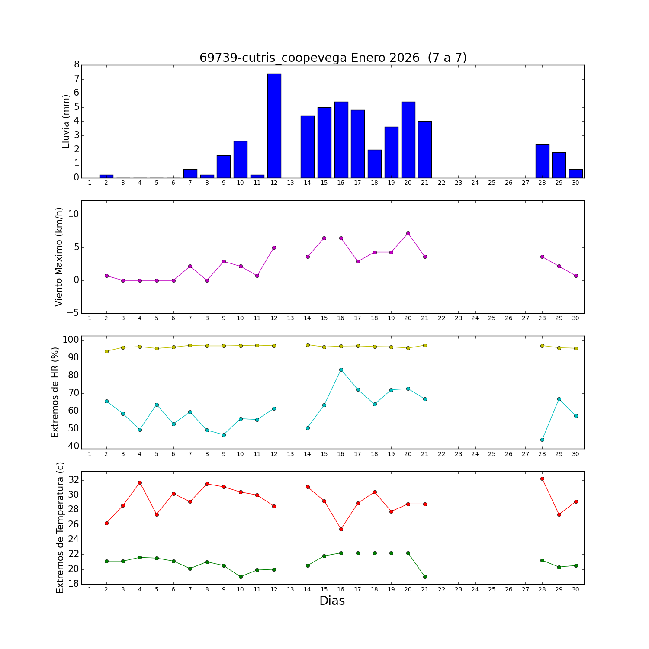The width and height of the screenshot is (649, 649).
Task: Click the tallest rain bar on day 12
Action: pos(274,125)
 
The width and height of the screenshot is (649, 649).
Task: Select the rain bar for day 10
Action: pos(241,159)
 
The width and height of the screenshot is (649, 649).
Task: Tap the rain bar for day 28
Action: pos(542,161)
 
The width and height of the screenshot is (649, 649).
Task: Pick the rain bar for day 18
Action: pos(375,164)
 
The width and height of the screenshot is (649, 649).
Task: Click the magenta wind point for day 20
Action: pos(408,234)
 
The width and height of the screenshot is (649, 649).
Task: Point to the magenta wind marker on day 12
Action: pos(274,247)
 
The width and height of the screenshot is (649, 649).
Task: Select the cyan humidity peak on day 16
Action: pos(341,369)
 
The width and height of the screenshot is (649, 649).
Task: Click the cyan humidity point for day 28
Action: pos(542,440)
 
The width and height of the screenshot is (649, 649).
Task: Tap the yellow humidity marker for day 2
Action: pos(106,351)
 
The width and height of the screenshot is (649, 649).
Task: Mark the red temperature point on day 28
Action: pos(542,479)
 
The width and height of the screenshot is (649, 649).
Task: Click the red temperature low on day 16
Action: pos(341,529)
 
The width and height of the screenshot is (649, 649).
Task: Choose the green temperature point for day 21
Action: pos(425,577)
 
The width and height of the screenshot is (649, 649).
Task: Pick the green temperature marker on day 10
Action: pos(241,577)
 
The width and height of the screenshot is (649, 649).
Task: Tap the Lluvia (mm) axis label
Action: pos(66,121)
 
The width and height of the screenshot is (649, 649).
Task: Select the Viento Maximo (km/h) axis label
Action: pos(59,257)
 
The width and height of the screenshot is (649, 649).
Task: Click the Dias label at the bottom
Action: pos(332,601)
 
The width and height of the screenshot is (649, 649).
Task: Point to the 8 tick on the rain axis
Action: pos(77,65)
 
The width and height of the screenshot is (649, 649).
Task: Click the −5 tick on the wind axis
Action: pos(73,313)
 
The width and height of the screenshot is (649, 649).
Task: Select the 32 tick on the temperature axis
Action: pos(74,480)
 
